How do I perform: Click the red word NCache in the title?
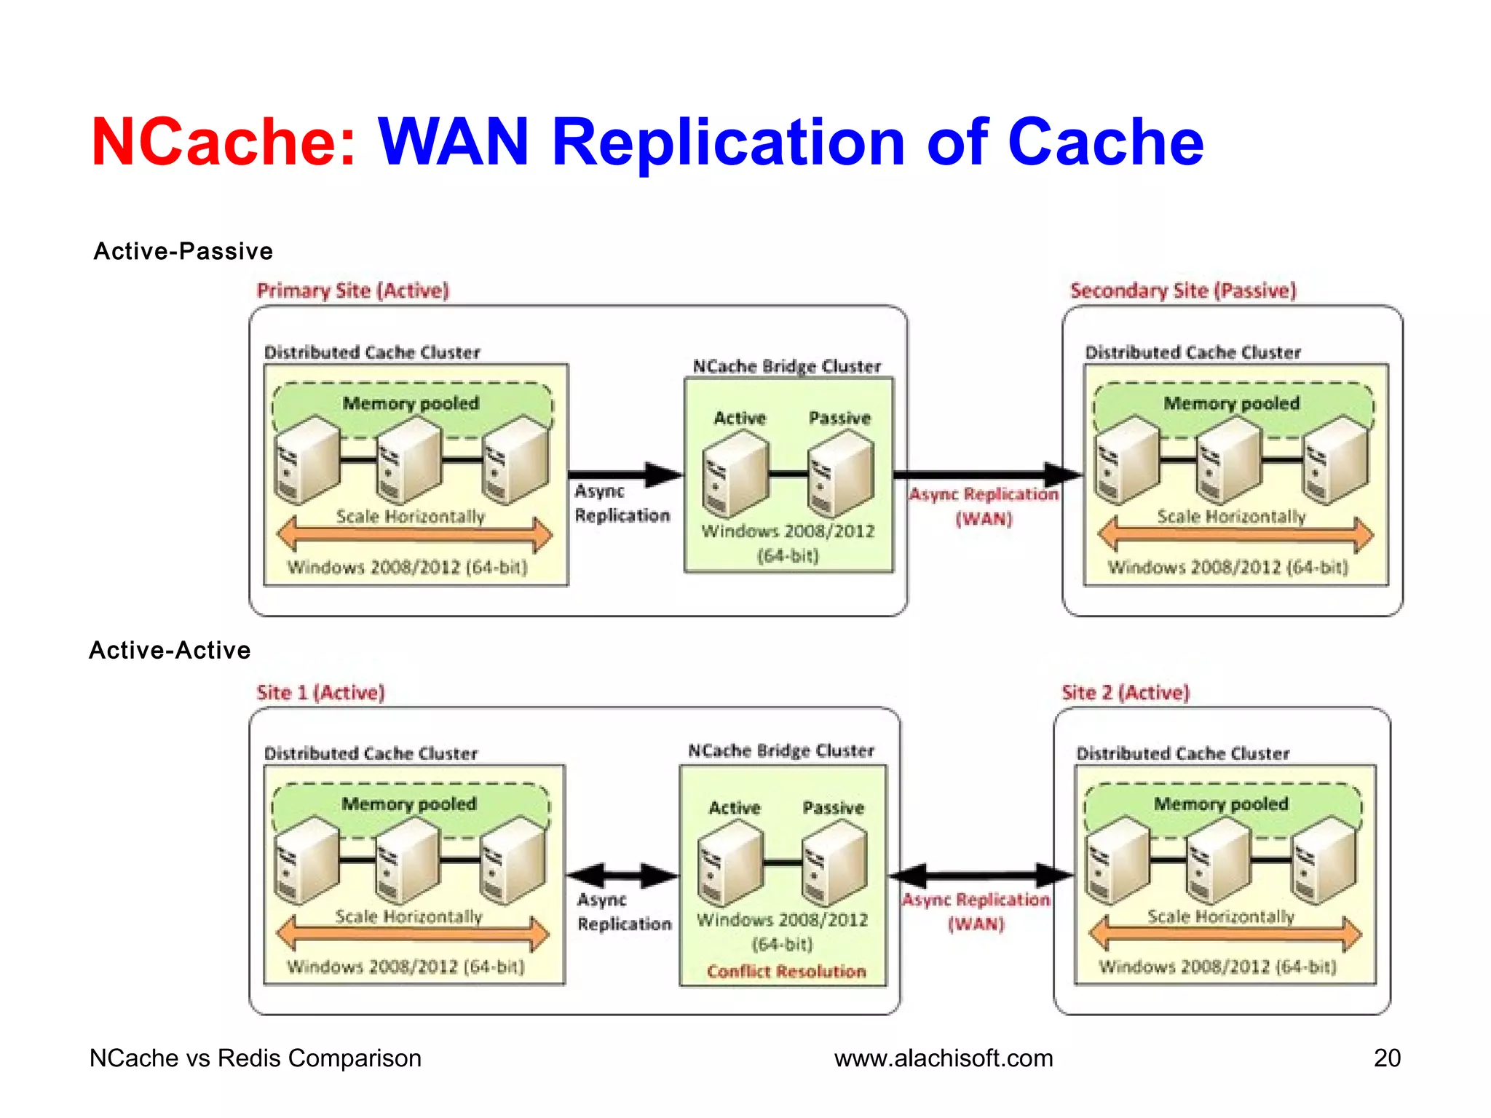pos(223,142)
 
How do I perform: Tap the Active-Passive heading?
pos(183,251)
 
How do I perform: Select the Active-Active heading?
pos(170,650)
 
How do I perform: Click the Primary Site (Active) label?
pos(353,290)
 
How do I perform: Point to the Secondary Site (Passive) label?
pos(1183,290)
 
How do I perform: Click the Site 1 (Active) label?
pos(320,692)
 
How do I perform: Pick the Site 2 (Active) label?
pos(1126,692)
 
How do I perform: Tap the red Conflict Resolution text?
pos(786,972)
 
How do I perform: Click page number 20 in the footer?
pos(1387,1058)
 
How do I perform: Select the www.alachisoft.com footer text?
pos(944,1058)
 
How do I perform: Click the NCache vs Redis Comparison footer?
pos(255,1058)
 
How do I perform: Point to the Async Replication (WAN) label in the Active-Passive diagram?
pos(984,506)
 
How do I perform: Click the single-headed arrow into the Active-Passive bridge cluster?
pos(626,475)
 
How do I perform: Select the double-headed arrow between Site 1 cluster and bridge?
pos(622,876)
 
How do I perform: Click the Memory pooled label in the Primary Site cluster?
pos(411,403)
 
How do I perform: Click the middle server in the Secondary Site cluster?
pos(1229,459)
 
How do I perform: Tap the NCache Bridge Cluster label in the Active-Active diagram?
pos(781,750)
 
